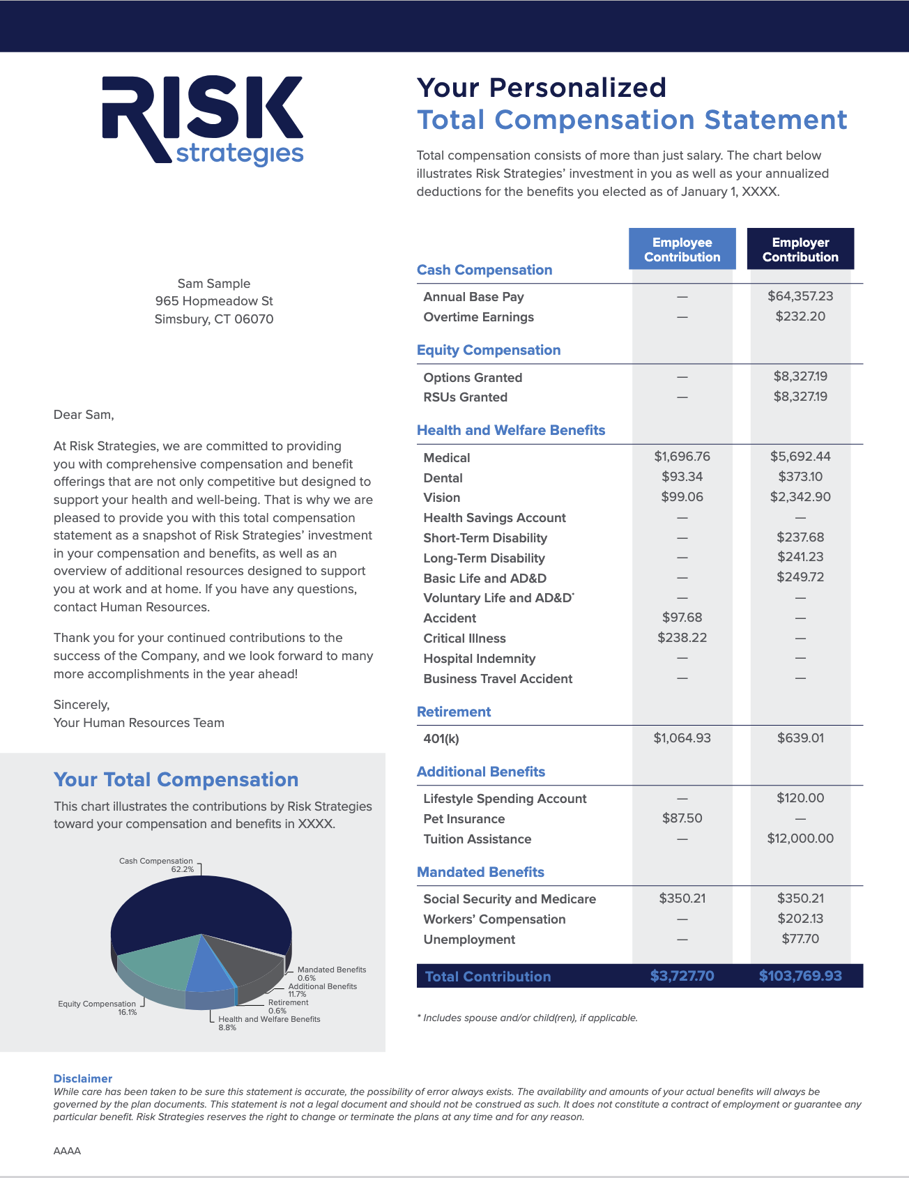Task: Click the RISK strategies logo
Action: pos(203,120)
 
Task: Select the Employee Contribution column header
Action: pos(682,250)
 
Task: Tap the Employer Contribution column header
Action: pos(800,250)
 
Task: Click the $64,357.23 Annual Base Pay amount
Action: pos(800,296)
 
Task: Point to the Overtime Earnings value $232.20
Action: pos(800,316)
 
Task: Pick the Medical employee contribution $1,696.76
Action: pos(682,457)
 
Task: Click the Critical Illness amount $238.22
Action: pos(682,638)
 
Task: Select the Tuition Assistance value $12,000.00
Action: pos(800,839)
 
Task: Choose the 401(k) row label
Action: pos(441,739)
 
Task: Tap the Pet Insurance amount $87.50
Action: pos(682,818)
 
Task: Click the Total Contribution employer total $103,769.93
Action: pos(800,976)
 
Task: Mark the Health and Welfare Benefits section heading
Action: pos(511,430)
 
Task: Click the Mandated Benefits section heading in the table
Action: pos(480,872)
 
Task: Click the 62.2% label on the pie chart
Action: pos(183,870)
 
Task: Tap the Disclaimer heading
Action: pos(83,1078)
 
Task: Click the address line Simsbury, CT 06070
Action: pos(214,319)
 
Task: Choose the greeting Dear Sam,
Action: pos(84,415)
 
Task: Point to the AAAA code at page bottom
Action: pos(67,1151)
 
